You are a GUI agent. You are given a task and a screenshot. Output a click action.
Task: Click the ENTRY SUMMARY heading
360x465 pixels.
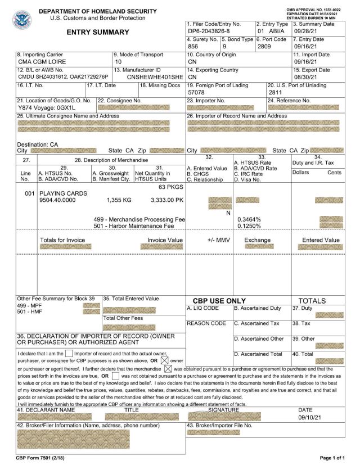[97, 32]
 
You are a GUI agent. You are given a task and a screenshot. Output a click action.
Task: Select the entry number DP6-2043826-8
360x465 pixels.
[208, 31]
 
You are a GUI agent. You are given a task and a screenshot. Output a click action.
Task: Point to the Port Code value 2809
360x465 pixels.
[264, 47]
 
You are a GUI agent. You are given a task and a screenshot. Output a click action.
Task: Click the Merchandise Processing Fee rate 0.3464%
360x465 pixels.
[251, 219]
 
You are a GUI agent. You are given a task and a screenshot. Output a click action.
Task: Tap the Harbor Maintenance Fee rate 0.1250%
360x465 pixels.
[251, 225]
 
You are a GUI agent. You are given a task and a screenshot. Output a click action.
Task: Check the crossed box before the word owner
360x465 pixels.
[165, 359]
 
